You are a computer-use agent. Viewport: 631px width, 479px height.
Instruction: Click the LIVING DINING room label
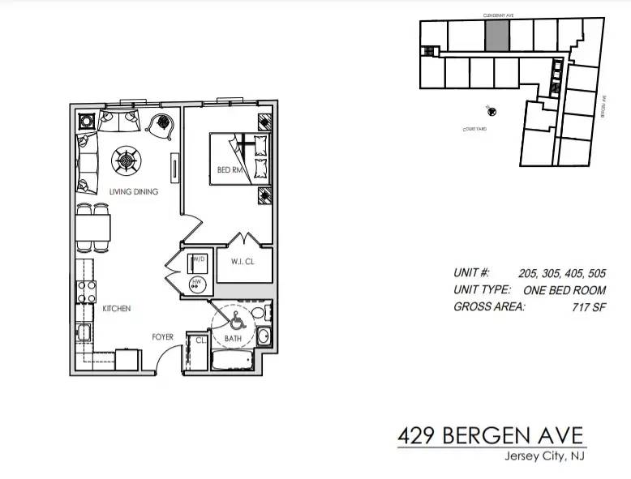(x=133, y=192)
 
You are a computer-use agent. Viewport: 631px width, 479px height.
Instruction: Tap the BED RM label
(x=230, y=169)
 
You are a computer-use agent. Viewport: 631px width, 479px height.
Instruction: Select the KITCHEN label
(x=116, y=309)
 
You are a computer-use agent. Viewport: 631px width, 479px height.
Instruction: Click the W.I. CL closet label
(x=243, y=261)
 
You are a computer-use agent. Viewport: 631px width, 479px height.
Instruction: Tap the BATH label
(x=233, y=338)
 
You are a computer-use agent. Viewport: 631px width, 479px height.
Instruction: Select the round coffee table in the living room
(x=127, y=160)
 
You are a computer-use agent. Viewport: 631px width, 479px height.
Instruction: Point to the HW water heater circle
(x=195, y=283)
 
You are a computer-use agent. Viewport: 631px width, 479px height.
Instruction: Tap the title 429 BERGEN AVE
(x=491, y=435)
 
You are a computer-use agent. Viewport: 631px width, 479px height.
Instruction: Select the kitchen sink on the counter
(x=84, y=332)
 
